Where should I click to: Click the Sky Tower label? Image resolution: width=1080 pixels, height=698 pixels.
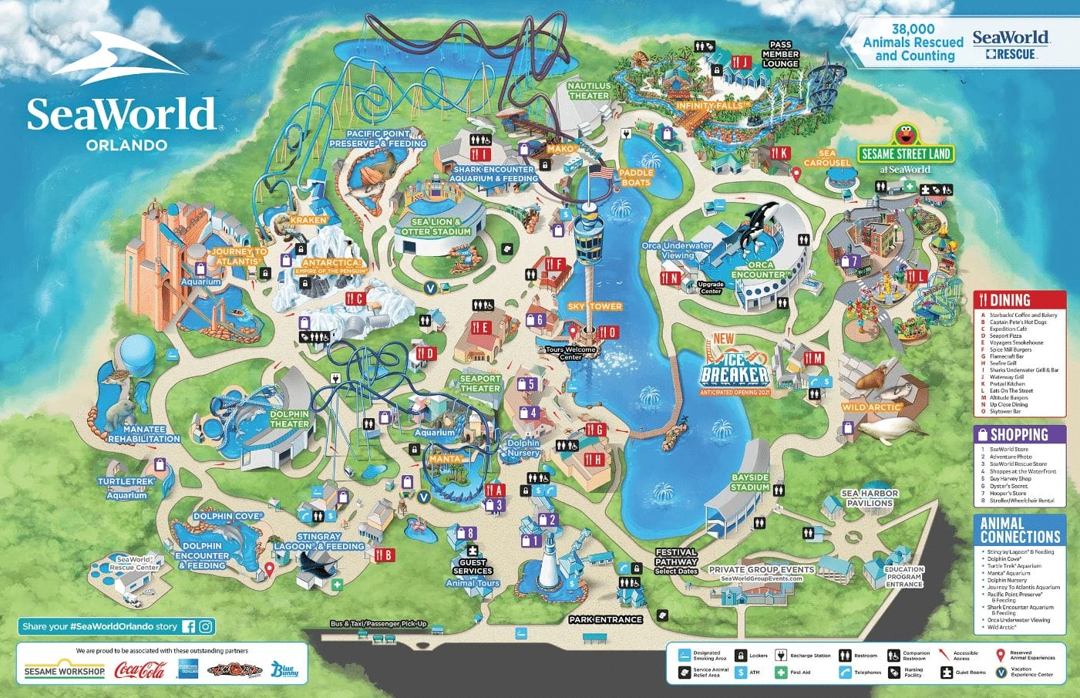pos(594,306)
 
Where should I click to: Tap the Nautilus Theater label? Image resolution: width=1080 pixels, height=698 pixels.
pos(589,91)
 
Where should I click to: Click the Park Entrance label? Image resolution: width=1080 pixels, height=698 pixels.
pos(606,619)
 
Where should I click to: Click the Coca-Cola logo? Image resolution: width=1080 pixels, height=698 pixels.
pos(140,669)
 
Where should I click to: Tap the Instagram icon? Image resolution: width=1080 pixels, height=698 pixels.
pos(206,626)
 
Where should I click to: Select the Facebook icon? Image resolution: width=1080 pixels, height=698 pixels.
pos(188,626)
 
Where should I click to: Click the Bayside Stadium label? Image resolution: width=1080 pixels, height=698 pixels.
pos(750,482)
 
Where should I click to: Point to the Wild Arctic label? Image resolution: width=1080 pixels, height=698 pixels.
pos(871,406)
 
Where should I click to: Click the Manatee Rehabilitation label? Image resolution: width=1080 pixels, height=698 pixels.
pos(144,433)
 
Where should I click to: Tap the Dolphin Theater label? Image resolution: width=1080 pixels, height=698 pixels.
pos(289,419)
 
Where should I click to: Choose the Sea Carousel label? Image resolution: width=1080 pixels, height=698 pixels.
pos(826,158)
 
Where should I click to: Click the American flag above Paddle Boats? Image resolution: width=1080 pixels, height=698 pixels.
pos(601,172)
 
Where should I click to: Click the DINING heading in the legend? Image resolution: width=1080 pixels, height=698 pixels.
pos(1009,300)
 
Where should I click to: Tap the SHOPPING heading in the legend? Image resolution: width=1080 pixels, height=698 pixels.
pos(1018,434)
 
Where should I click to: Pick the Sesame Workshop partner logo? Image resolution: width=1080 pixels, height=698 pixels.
pos(64,670)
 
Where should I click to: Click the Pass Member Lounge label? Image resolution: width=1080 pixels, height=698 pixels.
pos(780,54)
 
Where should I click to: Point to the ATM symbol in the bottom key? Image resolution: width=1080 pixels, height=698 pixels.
pos(741,673)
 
